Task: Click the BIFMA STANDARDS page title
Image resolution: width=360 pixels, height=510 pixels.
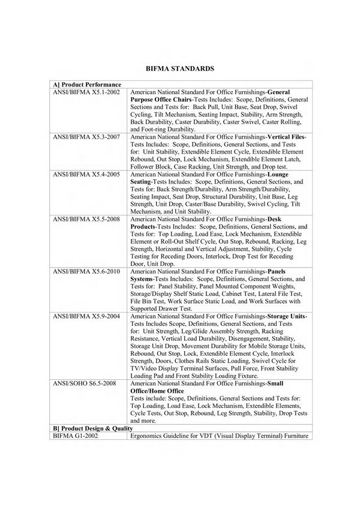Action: tap(180, 69)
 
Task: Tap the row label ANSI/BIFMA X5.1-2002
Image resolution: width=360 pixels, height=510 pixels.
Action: tap(86, 92)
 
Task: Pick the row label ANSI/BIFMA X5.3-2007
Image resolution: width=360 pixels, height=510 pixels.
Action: tap(86, 137)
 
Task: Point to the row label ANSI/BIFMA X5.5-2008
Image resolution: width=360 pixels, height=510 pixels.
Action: tap(86, 220)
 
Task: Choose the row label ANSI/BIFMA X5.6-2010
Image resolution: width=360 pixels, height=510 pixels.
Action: tap(86, 272)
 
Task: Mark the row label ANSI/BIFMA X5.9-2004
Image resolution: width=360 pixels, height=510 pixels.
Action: tap(86, 316)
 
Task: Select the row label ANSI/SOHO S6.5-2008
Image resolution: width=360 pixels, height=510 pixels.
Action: tap(85, 383)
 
